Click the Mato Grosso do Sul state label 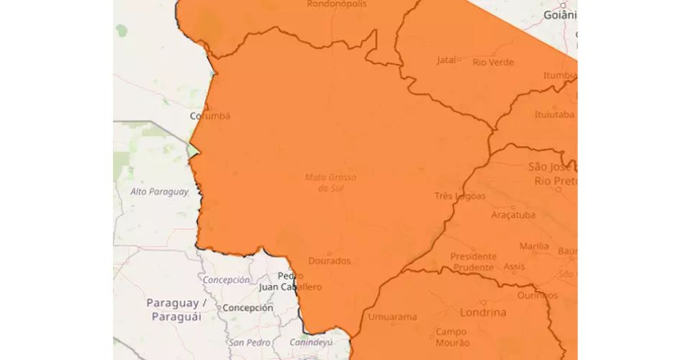click(x=330, y=182)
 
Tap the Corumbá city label click(x=209, y=115)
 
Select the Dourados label click(x=329, y=261)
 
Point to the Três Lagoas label click(x=460, y=196)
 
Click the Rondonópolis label click(x=336, y=4)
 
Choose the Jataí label click(x=446, y=60)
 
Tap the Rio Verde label click(x=493, y=62)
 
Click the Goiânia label click(x=560, y=14)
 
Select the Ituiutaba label click(x=554, y=114)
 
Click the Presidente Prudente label click(x=473, y=262)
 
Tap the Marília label click(x=534, y=246)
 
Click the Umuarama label click(x=392, y=317)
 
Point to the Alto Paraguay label click(x=159, y=192)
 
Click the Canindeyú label click(x=311, y=342)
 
